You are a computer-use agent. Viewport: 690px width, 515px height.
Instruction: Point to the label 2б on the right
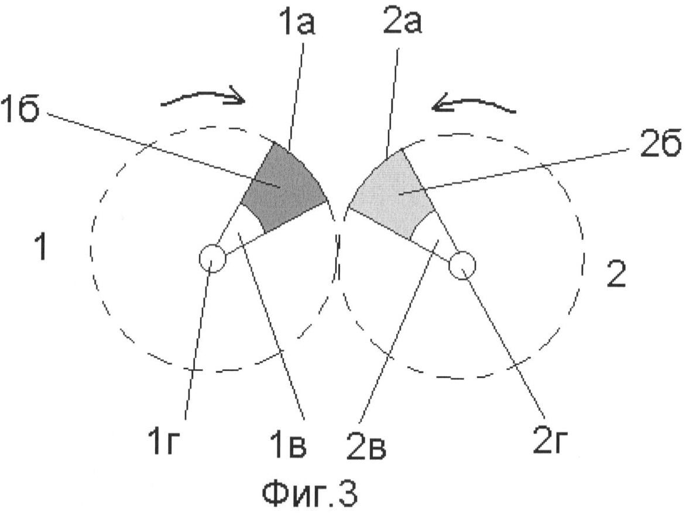(660, 145)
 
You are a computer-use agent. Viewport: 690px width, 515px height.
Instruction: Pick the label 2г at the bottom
(550, 441)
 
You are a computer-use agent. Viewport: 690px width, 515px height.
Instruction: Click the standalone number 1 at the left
(41, 247)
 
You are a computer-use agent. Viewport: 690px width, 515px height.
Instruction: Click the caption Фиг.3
(310, 493)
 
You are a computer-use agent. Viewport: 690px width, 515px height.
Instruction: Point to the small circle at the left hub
(212, 258)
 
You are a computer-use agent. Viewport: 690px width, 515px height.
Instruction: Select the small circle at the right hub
(462, 265)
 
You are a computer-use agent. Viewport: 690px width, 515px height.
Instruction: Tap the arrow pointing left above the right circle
(473, 105)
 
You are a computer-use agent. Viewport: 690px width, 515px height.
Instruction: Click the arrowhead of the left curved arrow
(238, 98)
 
